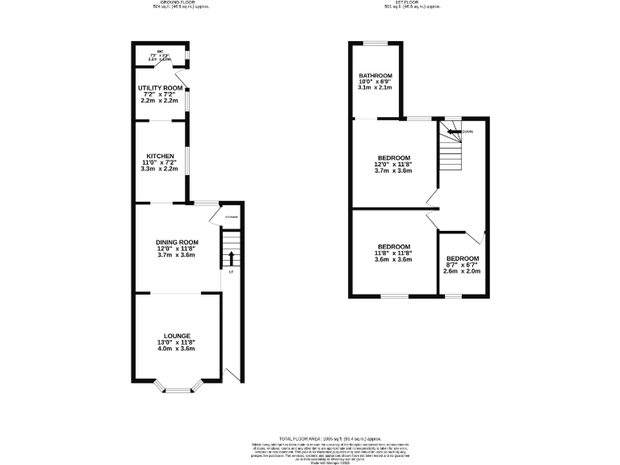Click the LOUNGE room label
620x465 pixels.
click(x=176, y=335)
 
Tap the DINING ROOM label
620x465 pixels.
click(x=177, y=241)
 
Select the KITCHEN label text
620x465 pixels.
click(x=160, y=155)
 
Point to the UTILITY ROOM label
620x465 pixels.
click(x=160, y=87)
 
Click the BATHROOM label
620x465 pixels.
click(x=375, y=76)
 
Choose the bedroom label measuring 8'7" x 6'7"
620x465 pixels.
click(x=462, y=258)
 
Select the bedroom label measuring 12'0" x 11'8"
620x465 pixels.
click(x=394, y=157)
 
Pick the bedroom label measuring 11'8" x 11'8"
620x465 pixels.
click(x=393, y=246)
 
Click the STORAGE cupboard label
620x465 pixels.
click(x=232, y=217)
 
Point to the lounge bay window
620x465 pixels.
click(x=176, y=391)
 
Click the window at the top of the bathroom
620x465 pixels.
click(x=375, y=43)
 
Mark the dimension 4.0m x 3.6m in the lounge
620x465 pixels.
click(x=176, y=349)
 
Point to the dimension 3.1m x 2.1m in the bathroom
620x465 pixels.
click(x=375, y=88)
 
